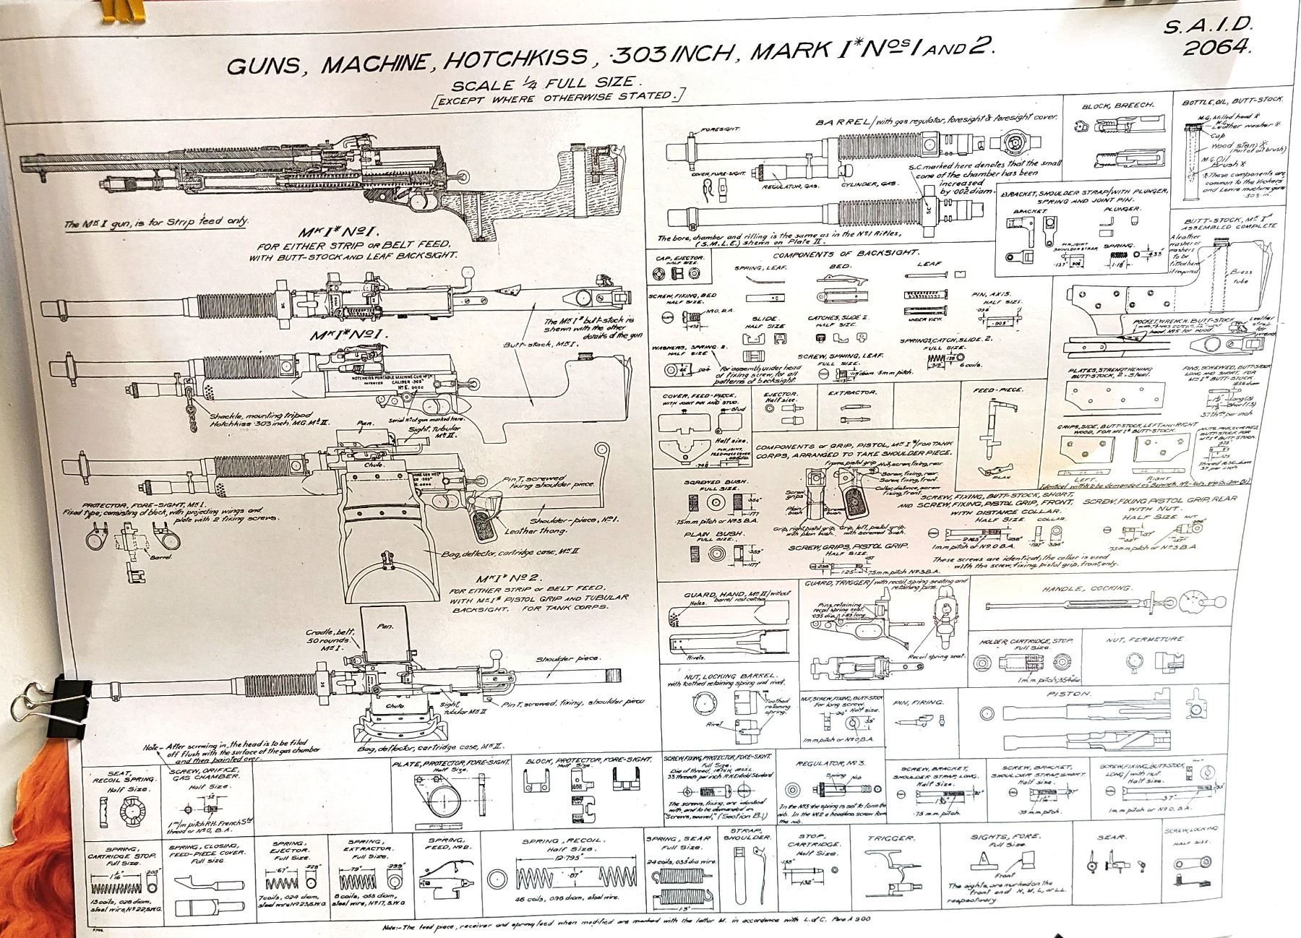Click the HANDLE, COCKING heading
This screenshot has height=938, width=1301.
click(1086, 588)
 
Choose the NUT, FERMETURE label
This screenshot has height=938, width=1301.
click(1145, 639)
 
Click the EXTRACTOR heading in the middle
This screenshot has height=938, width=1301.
click(852, 392)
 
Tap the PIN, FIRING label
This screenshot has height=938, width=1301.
click(919, 702)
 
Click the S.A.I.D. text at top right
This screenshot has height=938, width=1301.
click(1208, 26)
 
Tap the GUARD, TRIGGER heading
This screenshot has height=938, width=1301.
click(840, 583)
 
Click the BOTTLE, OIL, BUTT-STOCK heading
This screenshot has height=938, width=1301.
click(1221, 103)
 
